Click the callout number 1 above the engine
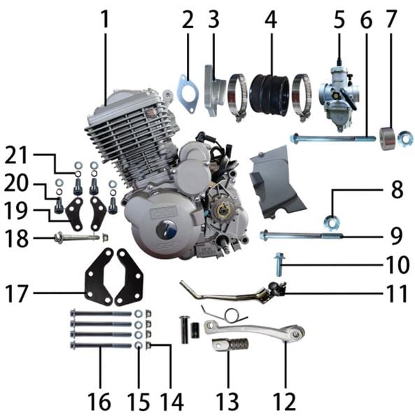tap(106, 20)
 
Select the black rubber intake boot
tap(269, 94)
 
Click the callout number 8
tap(397, 190)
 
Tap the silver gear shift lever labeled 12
tap(255, 330)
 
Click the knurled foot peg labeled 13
tap(230, 344)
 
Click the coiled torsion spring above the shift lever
tap(226, 313)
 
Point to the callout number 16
tap(99, 402)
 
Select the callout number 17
tap(17, 293)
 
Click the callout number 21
tap(16, 156)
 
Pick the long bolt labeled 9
tap(301, 235)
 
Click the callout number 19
tap(16, 211)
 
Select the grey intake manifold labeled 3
tap(216, 90)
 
